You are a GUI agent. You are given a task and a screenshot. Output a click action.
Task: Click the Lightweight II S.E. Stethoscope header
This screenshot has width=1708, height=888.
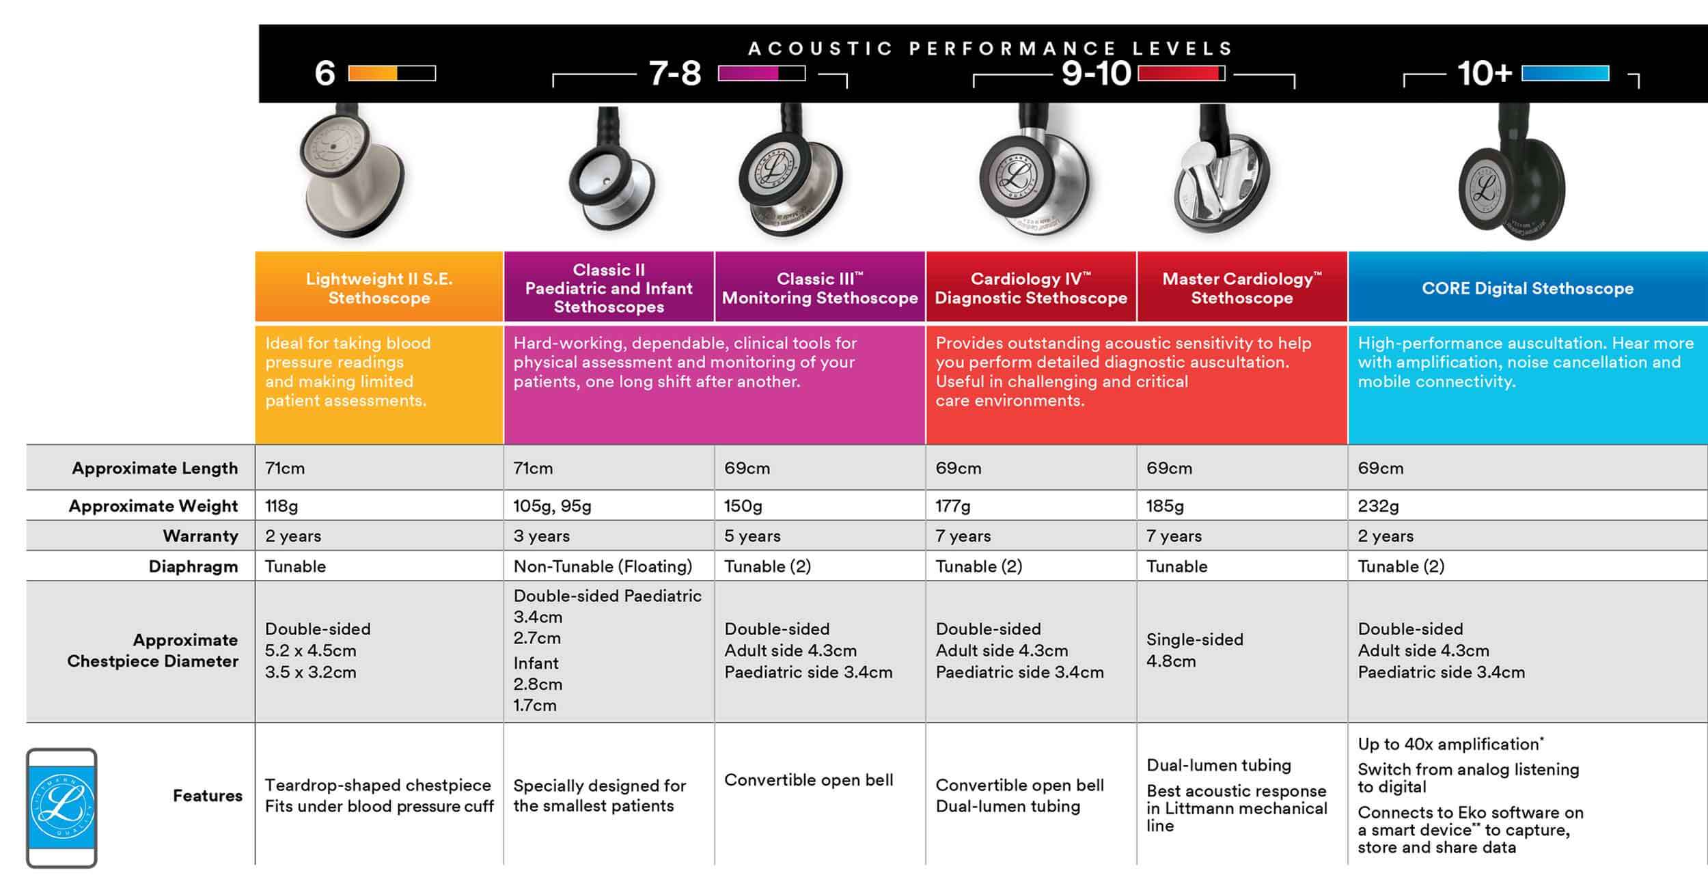tap(379, 288)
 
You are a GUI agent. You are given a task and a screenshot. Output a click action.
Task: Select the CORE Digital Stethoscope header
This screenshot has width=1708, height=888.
tap(1528, 288)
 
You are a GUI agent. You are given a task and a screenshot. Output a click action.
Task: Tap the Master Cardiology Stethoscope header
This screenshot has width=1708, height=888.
tap(1242, 288)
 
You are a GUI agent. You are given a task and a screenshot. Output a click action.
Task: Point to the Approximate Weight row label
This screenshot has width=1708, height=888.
tap(153, 505)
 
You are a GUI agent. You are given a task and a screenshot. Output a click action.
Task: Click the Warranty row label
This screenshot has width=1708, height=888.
tap(200, 536)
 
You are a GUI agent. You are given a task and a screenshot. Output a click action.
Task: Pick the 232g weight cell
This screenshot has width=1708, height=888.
tap(1378, 505)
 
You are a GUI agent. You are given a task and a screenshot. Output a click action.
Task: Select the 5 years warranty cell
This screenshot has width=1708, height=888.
tap(752, 536)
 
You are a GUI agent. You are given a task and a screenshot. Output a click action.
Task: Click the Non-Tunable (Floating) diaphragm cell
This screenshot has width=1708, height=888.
tap(603, 566)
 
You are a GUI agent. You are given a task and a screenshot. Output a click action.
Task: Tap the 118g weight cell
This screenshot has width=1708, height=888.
tap(281, 505)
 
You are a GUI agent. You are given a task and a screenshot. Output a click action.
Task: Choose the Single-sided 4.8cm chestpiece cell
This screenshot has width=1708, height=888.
tap(1195, 650)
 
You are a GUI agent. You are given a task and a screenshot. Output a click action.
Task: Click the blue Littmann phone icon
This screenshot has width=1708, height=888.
tap(61, 807)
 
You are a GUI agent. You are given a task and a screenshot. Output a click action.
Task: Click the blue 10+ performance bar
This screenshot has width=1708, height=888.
tap(1565, 73)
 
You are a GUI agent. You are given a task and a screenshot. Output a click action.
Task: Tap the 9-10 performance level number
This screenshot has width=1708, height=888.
tap(1096, 73)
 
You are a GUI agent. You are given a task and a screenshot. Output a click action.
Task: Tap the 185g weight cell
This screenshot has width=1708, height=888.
tap(1165, 505)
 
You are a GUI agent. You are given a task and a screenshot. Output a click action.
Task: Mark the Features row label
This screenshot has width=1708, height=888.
tap(207, 795)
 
